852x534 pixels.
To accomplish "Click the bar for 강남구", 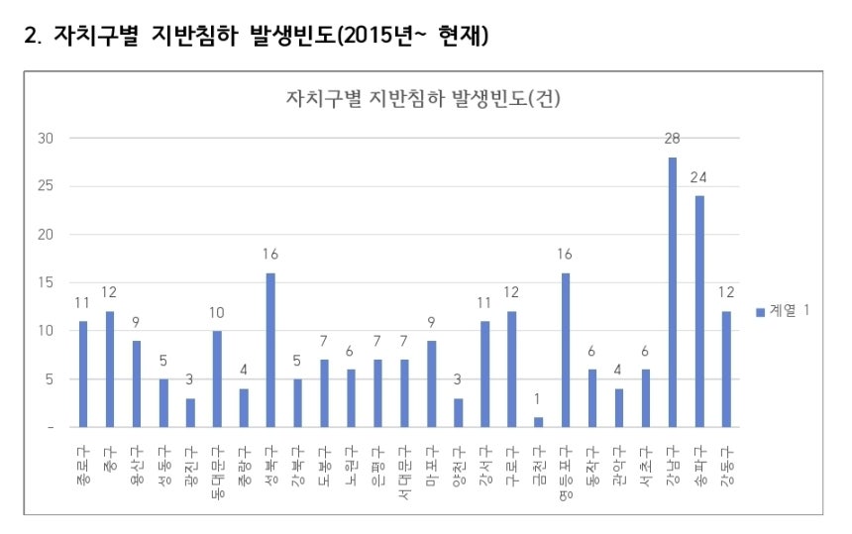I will click(x=673, y=291).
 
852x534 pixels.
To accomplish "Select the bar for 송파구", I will click(x=699, y=311).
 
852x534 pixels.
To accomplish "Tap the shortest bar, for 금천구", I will click(x=538, y=422).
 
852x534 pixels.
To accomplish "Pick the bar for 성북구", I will click(x=270, y=350).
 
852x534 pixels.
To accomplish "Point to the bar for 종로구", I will click(x=83, y=374).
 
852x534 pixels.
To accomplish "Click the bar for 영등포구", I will click(x=566, y=350).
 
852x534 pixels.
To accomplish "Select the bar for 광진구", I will click(x=190, y=412).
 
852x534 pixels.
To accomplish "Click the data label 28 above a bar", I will click(x=673, y=138).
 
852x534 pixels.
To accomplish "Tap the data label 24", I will click(x=699, y=176).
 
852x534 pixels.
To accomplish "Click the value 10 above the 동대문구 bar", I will click(x=217, y=312).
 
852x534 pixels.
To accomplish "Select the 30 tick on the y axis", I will click(x=46, y=138).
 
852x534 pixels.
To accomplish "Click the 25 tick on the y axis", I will click(x=46, y=186).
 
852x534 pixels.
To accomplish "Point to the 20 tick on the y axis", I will click(x=46, y=235).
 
